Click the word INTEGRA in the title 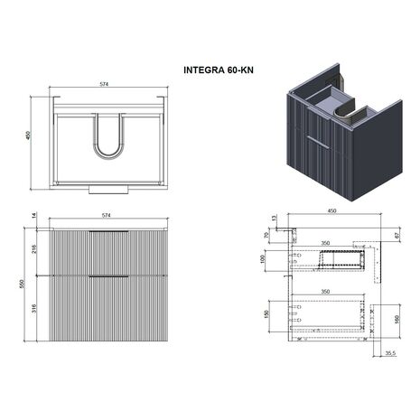click(x=204, y=70)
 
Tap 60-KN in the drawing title click(x=240, y=70)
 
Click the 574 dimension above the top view click(x=104, y=84)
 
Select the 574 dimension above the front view click(x=106, y=215)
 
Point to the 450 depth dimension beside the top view click(x=28, y=135)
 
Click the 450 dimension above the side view click(x=331, y=211)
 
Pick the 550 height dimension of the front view click(x=22, y=284)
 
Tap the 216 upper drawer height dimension click(x=34, y=248)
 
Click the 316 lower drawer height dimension click(x=34, y=308)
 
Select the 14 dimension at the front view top click(x=34, y=215)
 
